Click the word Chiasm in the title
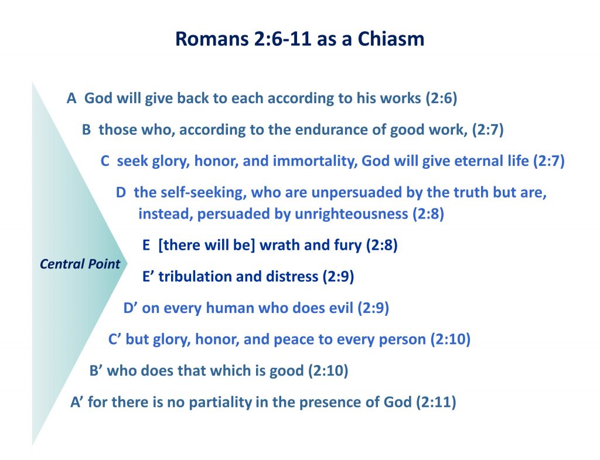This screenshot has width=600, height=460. pyautogui.click(x=391, y=39)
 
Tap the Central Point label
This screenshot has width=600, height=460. pyautogui.click(x=80, y=264)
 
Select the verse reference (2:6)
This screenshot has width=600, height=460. pyautogui.click(x=442, y=98)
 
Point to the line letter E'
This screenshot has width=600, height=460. pyautogui.click(x=148, y=277)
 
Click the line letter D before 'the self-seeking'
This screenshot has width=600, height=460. pyautogui.click(x=121, y=192)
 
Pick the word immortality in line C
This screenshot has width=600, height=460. pyautogui.click(x=315, y=161)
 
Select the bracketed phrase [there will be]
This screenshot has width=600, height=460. pyautogui.click(x=207, y=246)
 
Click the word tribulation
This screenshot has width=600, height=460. pyautogui.click(x=195, y=277)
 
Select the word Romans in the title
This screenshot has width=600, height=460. pyautogui.click(x=212, y=39)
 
